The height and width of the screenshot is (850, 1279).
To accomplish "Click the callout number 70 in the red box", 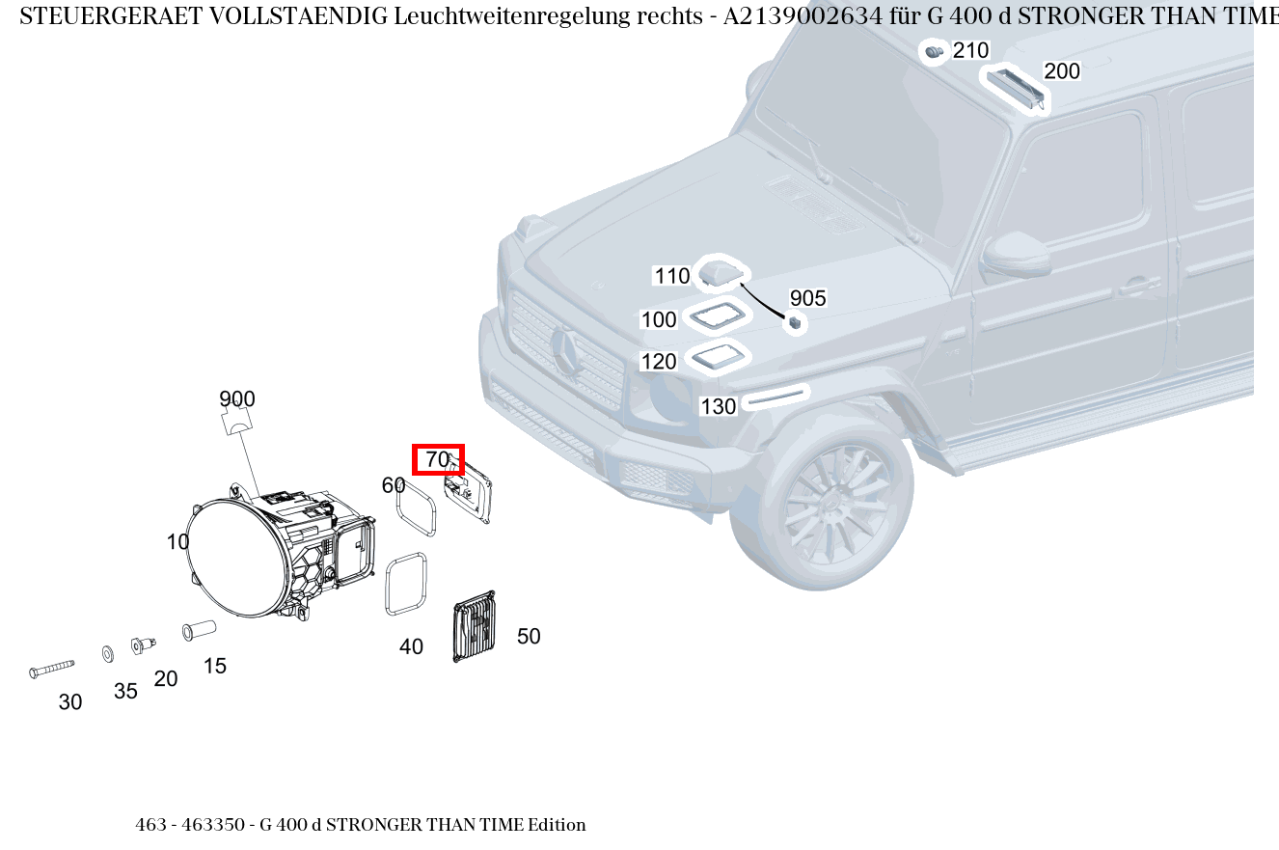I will pos(438,460).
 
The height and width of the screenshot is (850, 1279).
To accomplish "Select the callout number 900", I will pos(236,398).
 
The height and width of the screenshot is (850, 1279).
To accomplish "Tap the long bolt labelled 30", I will pos(52,668).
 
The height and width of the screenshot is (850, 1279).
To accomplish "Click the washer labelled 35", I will pos(107,655).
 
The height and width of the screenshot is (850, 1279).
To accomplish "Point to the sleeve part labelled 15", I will pos(199,631).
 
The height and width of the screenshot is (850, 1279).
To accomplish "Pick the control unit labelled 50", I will pos(475,627).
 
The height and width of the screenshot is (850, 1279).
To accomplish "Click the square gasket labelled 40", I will pos(406,583).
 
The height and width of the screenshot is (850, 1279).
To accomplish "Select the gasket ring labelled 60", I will pos(416,507).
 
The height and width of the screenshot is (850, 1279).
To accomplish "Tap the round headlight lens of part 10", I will pos(235,557).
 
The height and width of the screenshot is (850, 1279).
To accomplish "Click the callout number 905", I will pos(807,298).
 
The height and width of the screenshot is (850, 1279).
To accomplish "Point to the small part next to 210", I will pos(934,52).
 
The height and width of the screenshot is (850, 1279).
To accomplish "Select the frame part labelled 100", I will pos(716,316).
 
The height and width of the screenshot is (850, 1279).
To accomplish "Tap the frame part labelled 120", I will pos(719,358).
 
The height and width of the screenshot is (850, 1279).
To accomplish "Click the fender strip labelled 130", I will pos(776,397).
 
